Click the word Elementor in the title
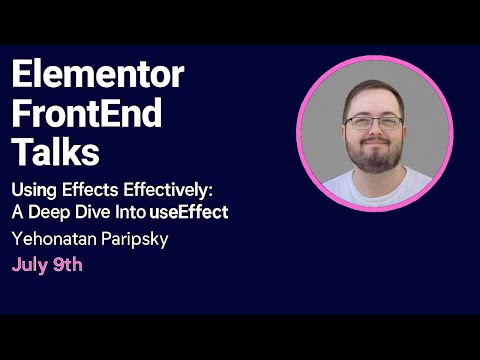coord(98,76)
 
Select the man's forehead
coord(374,100)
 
